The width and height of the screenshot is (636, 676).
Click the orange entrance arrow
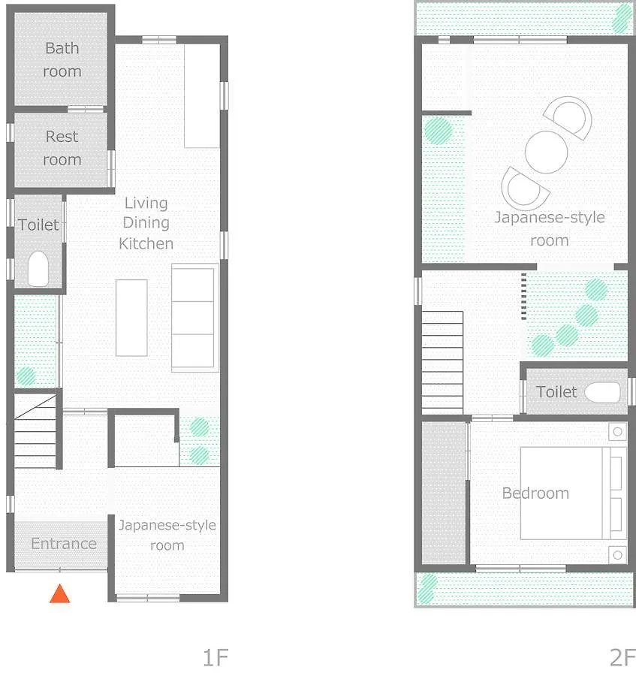59,593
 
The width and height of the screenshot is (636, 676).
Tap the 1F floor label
215,657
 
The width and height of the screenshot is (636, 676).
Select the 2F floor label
622,657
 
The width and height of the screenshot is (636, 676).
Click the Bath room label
62,59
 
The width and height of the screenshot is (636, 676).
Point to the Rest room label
62,148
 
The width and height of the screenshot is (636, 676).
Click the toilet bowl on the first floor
38,269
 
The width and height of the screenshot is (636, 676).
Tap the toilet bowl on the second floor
602,392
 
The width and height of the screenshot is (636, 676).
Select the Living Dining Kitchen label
146,223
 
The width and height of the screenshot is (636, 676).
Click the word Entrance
64,544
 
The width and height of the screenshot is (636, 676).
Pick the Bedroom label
535,493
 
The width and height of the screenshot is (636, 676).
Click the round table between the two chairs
546,152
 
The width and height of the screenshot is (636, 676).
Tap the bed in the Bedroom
574,493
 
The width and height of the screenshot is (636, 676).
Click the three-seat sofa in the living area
194,318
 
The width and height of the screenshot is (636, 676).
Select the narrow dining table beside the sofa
131,318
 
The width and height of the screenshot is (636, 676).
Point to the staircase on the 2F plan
442,363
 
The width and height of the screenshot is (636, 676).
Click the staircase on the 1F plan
35,430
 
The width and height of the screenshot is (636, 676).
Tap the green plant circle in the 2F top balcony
622,19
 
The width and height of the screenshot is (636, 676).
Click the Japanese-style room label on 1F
167,535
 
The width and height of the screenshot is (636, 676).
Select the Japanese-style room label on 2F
550,228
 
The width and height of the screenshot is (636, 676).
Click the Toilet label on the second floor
556,392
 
